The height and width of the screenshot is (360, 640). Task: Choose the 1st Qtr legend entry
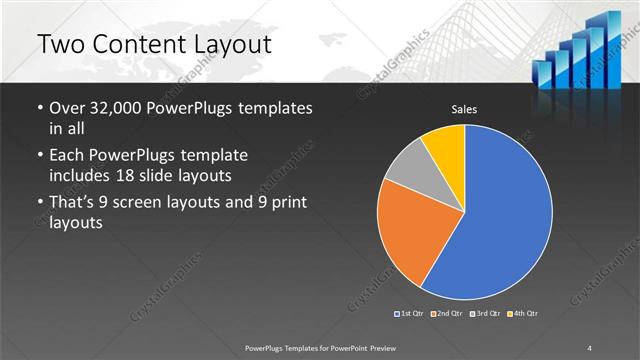coord(412,314)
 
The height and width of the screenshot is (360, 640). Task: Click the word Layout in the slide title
coord(225,45)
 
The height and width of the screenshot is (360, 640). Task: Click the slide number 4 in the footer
coord(590,347)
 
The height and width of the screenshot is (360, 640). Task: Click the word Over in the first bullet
coord(68,107)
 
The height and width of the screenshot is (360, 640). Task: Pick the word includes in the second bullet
coord(82,176)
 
